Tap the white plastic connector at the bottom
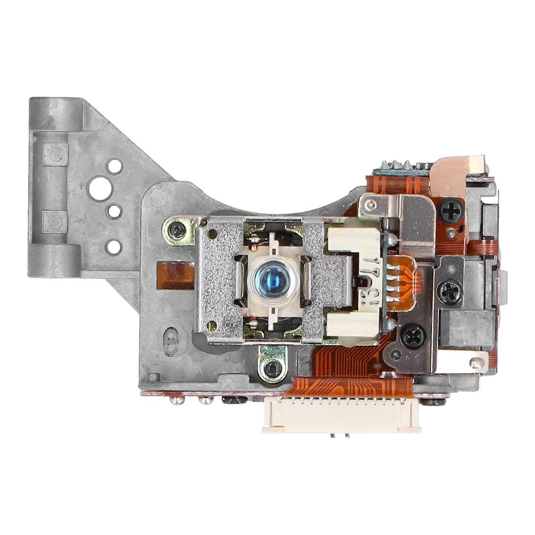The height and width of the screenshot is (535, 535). tap(341, 416)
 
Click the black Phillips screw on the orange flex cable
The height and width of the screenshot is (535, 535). tap(451, 211)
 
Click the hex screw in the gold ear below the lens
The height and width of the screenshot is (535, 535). tap(273, 368)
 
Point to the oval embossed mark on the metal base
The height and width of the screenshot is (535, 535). tap(172, 341)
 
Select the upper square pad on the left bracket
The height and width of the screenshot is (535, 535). tap(55, 154)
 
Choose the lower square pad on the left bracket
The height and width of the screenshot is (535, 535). tap(55, 222)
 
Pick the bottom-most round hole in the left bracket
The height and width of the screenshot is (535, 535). tap(113, 247)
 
